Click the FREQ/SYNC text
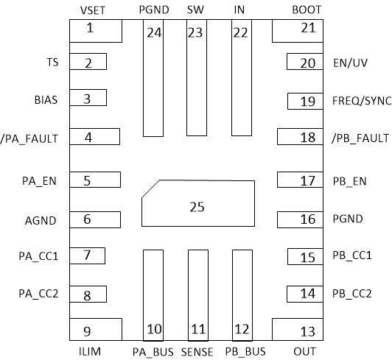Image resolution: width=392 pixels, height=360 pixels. click(x=360, y=101)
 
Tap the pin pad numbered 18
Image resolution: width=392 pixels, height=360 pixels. click(x=298, y=137)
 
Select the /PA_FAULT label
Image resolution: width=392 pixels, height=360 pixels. click(x=30, y=137)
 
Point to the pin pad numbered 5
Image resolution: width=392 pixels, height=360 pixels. click(x=94, y=180)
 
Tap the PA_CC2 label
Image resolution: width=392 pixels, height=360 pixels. click(x=38, y=293)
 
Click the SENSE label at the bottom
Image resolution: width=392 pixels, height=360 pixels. click(x=197, y=351)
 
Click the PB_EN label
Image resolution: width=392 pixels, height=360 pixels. click(x=350, y=180)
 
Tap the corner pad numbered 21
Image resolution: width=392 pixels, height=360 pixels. click(x=296, y=31)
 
